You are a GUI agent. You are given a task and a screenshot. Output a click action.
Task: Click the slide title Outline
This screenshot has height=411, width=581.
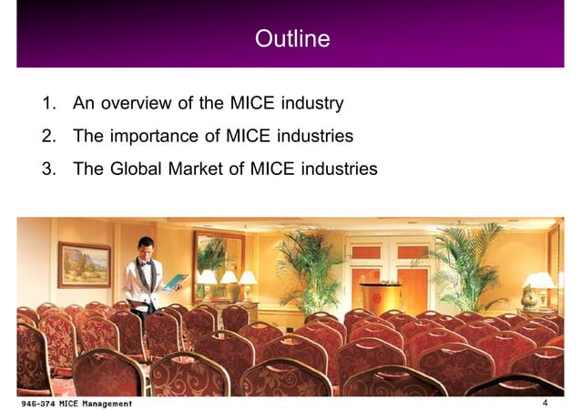coord(291,39)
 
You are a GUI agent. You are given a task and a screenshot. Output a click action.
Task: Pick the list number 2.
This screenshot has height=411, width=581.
coord(46,137)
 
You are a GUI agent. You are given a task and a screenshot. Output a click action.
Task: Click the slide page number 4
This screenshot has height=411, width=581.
coord(545,403)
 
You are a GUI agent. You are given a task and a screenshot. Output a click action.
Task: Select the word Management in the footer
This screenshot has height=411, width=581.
coord(106,403)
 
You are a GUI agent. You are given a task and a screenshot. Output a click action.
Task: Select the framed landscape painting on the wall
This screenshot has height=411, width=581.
coord(84,264)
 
